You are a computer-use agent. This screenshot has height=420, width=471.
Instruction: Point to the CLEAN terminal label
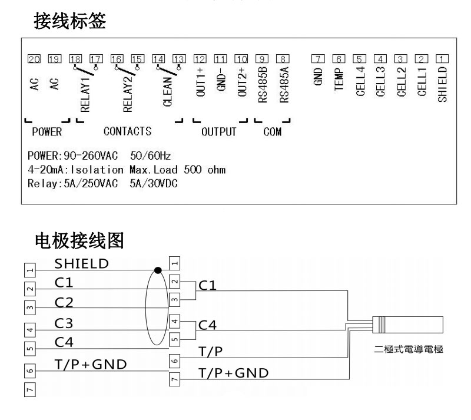point(167,89)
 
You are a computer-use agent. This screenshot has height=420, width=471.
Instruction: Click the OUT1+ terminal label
point(201,87)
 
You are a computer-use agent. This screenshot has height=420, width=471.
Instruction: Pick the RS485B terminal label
point(263,87)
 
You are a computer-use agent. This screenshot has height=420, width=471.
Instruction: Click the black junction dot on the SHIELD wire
point(157,270)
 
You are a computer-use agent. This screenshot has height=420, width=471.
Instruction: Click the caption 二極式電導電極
point(409,349)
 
